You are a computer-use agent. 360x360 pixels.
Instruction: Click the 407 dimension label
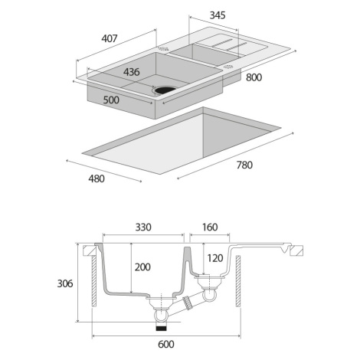tap(110, 38)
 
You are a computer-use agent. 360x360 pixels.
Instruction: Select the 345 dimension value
tap(218, 15)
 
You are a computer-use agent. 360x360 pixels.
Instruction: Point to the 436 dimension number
tap(132, 72)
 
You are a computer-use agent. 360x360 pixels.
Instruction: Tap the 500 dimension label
tap(111, 100)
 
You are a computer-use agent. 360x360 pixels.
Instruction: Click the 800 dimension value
tap(254, 77)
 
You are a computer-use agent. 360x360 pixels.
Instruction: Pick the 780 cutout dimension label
tap(244, 165)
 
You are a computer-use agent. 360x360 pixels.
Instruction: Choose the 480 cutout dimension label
tap(97, 178)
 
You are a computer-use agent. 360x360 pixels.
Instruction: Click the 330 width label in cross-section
tap(143, 227)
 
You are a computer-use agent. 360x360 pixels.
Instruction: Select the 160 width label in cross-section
tap(210, 227)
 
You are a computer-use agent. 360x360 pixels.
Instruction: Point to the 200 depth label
tap(142, 267)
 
